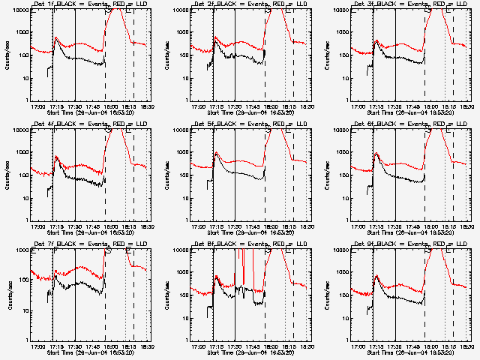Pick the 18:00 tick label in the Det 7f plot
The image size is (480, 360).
111,346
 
